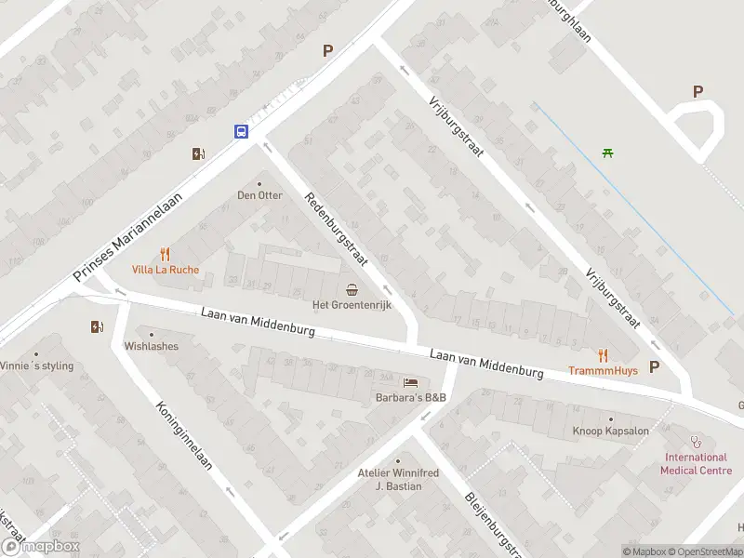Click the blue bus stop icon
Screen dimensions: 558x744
pyautogui.click(x=241, y=131)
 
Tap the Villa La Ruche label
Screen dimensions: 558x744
pyautogui.click(x=165, y=271)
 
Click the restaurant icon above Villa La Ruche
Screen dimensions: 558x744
pyautogui.click(x=165, y=254)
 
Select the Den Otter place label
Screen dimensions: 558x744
pyautogui.click(x=259, y=195)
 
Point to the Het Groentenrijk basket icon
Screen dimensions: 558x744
pyautogui.click(x=352, y=288)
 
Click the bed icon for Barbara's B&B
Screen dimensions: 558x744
pyautogui.click(x=410, y=382)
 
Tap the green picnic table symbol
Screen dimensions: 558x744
pyautogui.click(x=607, y=153)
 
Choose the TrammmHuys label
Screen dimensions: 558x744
pyautogui.click(x=603, y=370)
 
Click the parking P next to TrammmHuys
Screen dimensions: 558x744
pyautogui.click(x=654, y=366)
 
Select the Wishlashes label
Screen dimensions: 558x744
pyautogui.click(x=151, y=346)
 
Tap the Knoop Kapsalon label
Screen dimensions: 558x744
pyautogui.click(x=611, y=432)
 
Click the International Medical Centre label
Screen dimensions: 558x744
pyautogui.click(x=694, y=463)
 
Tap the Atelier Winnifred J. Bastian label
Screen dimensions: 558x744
pyautogui.click(x=398, y=479)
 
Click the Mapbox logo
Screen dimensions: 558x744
pyautogui.click(x=40, y=547)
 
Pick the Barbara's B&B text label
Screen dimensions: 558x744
pyautogui.click(x=410, y=398)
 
